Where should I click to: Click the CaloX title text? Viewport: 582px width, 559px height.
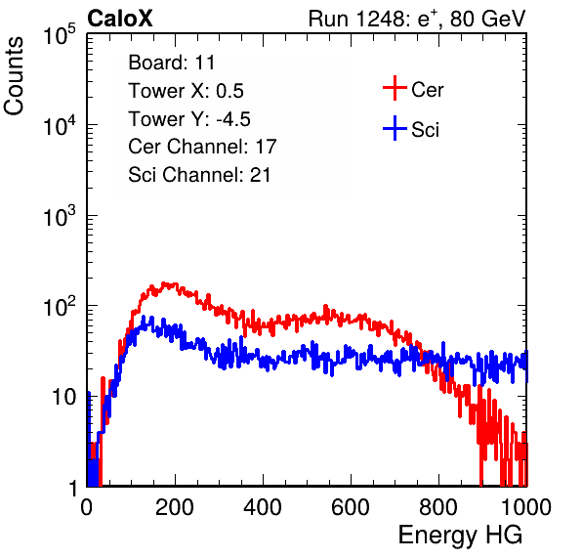(x=120, y=19)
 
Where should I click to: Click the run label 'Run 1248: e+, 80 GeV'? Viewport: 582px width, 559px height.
(x=417, y=19)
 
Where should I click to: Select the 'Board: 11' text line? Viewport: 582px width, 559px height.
(x=172, y=63)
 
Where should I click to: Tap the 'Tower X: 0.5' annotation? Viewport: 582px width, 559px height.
(x=186, y=91)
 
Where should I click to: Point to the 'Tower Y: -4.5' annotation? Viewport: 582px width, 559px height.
(x=189, y=119)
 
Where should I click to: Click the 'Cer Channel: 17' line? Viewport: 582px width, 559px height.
(x=202, y=147)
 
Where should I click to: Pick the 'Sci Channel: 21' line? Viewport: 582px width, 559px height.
(x=199, y=175)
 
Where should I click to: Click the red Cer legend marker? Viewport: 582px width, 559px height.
(x=395, y=88)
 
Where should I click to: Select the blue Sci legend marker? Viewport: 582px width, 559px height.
(x=395, y=128)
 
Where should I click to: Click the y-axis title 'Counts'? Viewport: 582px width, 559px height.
(x=14, y=76)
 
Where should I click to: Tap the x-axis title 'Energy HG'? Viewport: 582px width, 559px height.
(x=460, y=536)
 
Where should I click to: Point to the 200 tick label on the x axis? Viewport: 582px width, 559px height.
(x=175, y=507)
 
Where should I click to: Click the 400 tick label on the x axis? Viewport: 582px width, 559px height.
(x=263, y=507)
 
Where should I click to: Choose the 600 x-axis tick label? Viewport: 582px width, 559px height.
(x=351, y=507)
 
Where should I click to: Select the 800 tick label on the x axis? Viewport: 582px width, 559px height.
(x=438, y=507)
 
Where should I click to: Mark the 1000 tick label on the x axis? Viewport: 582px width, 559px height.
(x=526, y=507)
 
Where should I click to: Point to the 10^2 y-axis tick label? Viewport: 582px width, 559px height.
(x=60, y=306)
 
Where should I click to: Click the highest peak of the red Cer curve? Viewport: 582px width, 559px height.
(x=164, y=283)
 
